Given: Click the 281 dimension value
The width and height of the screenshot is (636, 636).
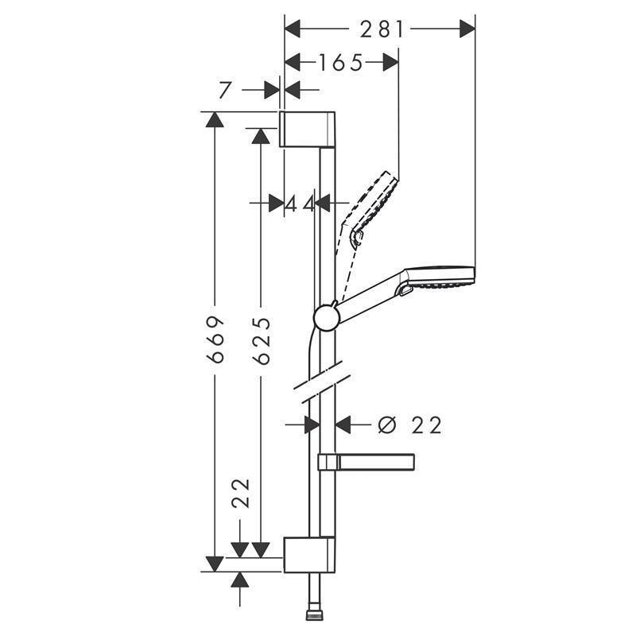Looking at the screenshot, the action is (382, 29).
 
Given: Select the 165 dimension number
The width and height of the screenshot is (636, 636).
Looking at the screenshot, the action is (341, 63).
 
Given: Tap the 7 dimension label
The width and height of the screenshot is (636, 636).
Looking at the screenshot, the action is (225, 90).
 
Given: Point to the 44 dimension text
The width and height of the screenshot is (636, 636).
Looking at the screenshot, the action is (300, 204).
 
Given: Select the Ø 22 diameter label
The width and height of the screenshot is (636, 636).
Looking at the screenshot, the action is (409, 425).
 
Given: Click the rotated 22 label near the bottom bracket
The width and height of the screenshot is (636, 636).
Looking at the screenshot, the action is (241, 493).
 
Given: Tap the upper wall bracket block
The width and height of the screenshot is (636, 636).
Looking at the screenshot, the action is (307, 128).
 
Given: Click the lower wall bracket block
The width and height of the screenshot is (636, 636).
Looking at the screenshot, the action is (309, 554).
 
